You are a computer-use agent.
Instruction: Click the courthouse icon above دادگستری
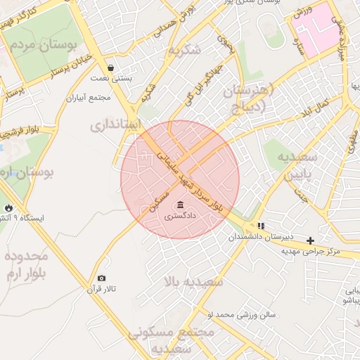[x=181, y=205]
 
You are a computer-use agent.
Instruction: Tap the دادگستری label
[x=181, y=217]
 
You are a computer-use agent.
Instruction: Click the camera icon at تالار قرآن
[x=102, y=278]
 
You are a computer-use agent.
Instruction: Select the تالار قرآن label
[x=101, y=289]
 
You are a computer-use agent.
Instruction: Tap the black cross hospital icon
[x=310, y=240]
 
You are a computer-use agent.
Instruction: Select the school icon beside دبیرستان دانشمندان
[x=262, y=226]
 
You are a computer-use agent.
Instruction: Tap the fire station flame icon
[x=8, y=208]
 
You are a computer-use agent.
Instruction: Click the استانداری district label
[x=116, y=125]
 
